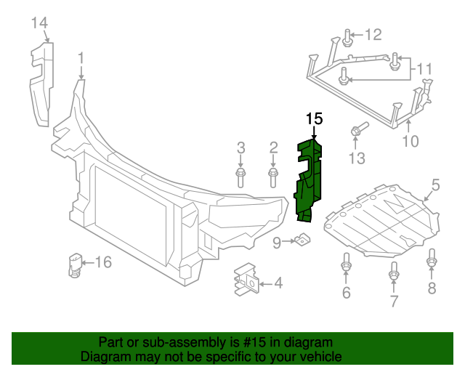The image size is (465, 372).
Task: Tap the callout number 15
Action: click(x=314, y=118)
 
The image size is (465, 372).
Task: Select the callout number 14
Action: click(x=39, y=23)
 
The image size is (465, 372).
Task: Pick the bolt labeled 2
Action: click(x=273, y=175)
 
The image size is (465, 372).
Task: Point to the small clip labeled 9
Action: click(x=302, y=238)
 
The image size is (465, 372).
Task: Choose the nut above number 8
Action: click(x=432, y=259)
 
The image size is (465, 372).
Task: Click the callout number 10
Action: click(x=411, y=141)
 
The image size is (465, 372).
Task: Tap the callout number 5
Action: click(x=434, y=186)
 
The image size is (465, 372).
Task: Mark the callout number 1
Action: click(x=81, y=57)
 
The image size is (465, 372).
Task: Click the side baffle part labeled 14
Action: click(x=41, y=84)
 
